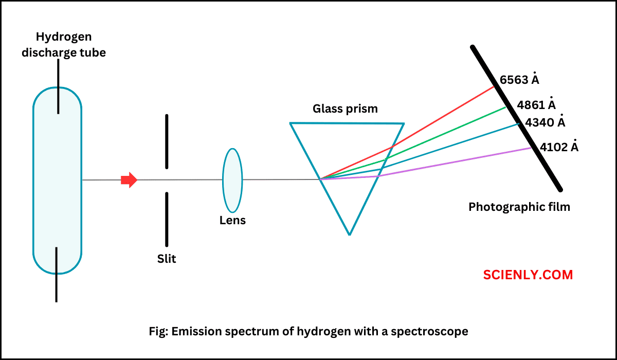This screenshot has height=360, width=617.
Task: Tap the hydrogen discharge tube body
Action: pyautogui.click(x=57, y=206)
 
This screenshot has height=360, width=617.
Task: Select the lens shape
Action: pyautogui.click(x=232, y=180)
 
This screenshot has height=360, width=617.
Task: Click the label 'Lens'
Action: pyautogui.click(x=232, y=221)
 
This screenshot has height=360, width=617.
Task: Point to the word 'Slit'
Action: pyautogui.click(x=167, y=259)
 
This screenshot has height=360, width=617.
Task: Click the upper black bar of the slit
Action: pyautogui.click(x=167, y=141)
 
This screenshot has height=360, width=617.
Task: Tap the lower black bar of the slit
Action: pyautogui.click(x=167, y=219)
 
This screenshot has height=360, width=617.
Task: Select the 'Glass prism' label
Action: pyautogui.click(x=345, y=109)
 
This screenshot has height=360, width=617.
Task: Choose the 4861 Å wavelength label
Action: pyautogui.click(x=536, y=104)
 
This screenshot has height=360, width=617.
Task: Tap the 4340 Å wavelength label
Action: pyautogui.click(x=545, y=123)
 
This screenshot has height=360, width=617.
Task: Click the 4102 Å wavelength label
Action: pyautogui.click(x=559, y=147)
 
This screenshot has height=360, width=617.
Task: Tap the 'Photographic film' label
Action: pyautogui.click(x=519, y=207)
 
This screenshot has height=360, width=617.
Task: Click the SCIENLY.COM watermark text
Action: pyautogui.click(x=528, y=275)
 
